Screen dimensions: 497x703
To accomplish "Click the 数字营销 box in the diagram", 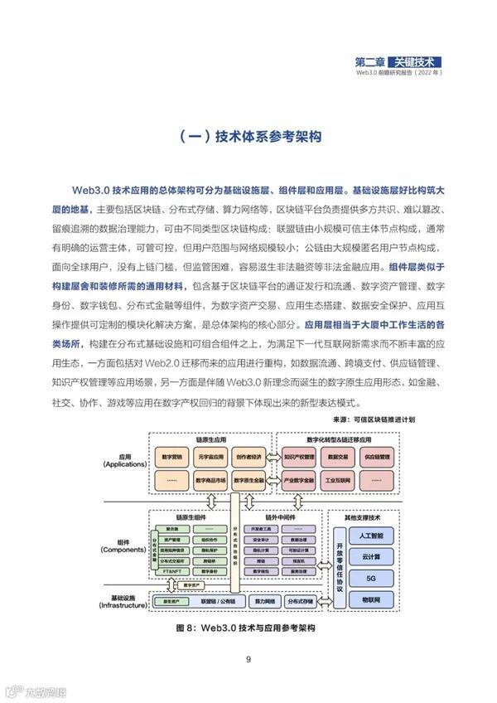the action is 172,456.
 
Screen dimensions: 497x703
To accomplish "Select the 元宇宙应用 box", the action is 210,456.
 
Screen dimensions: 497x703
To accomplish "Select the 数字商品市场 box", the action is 210,479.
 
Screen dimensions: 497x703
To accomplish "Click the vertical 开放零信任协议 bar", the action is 316,567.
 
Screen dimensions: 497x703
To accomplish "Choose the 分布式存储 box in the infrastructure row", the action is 297,600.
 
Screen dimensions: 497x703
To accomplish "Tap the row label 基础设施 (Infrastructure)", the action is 124,600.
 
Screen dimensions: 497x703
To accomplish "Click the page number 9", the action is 248,659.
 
